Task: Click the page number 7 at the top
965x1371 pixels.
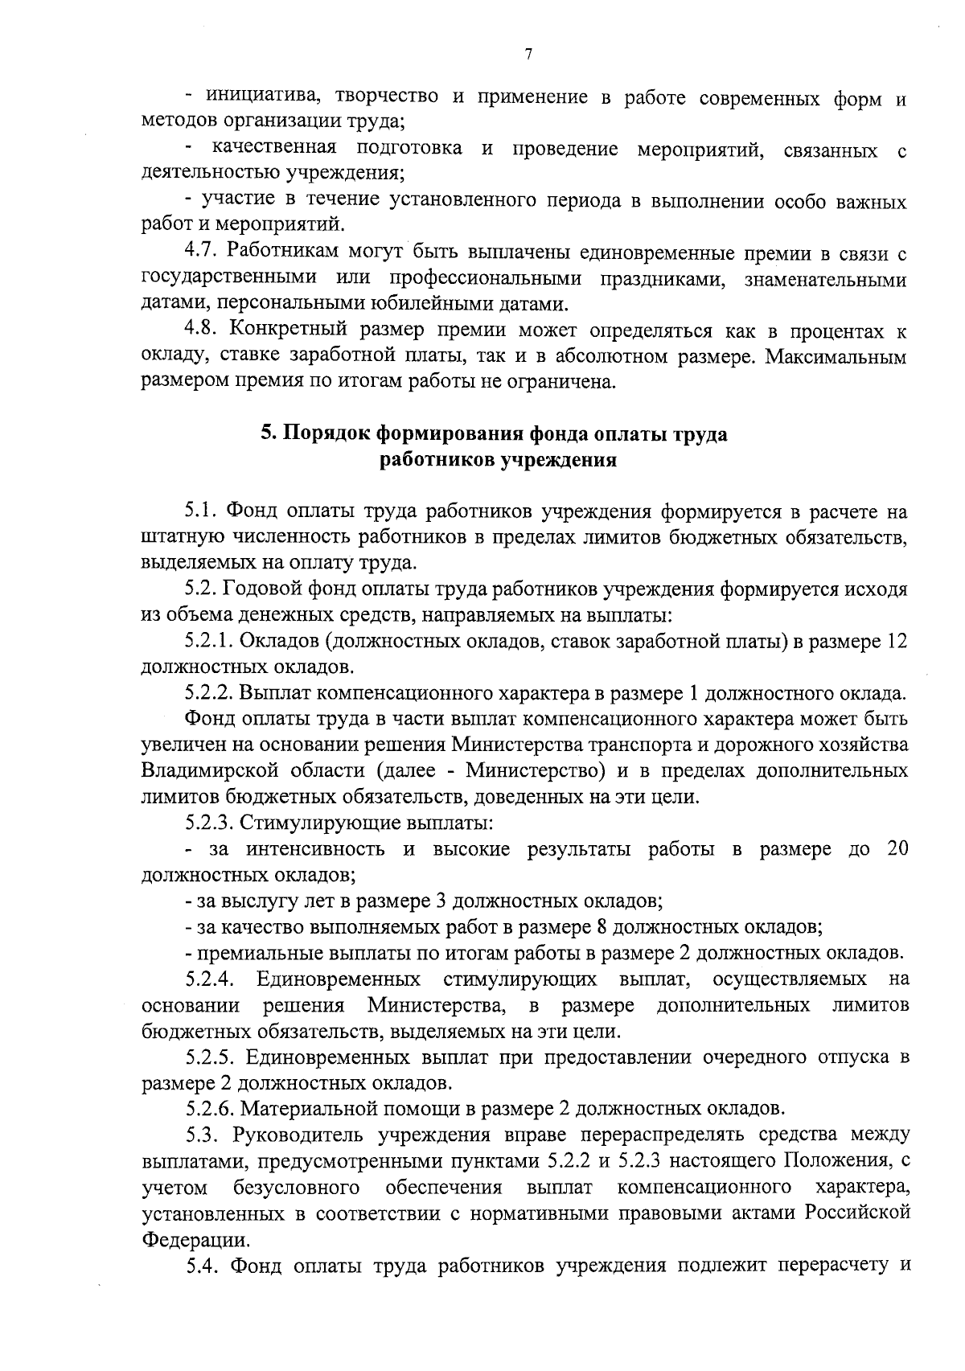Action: coord(528,55)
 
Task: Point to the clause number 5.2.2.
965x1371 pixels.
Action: coord(211,693)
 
